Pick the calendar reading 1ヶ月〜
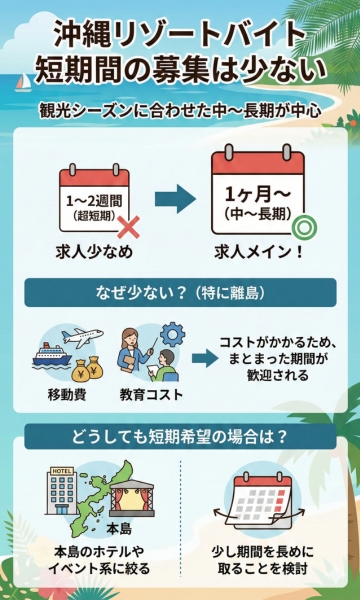(259, 195)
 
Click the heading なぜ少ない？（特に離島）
(180, 295)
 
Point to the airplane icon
(87, 336)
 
